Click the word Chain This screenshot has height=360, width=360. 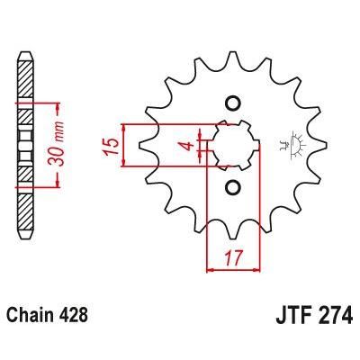(x=30, y=316)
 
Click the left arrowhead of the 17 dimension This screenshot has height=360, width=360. (x=211, y=268)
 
